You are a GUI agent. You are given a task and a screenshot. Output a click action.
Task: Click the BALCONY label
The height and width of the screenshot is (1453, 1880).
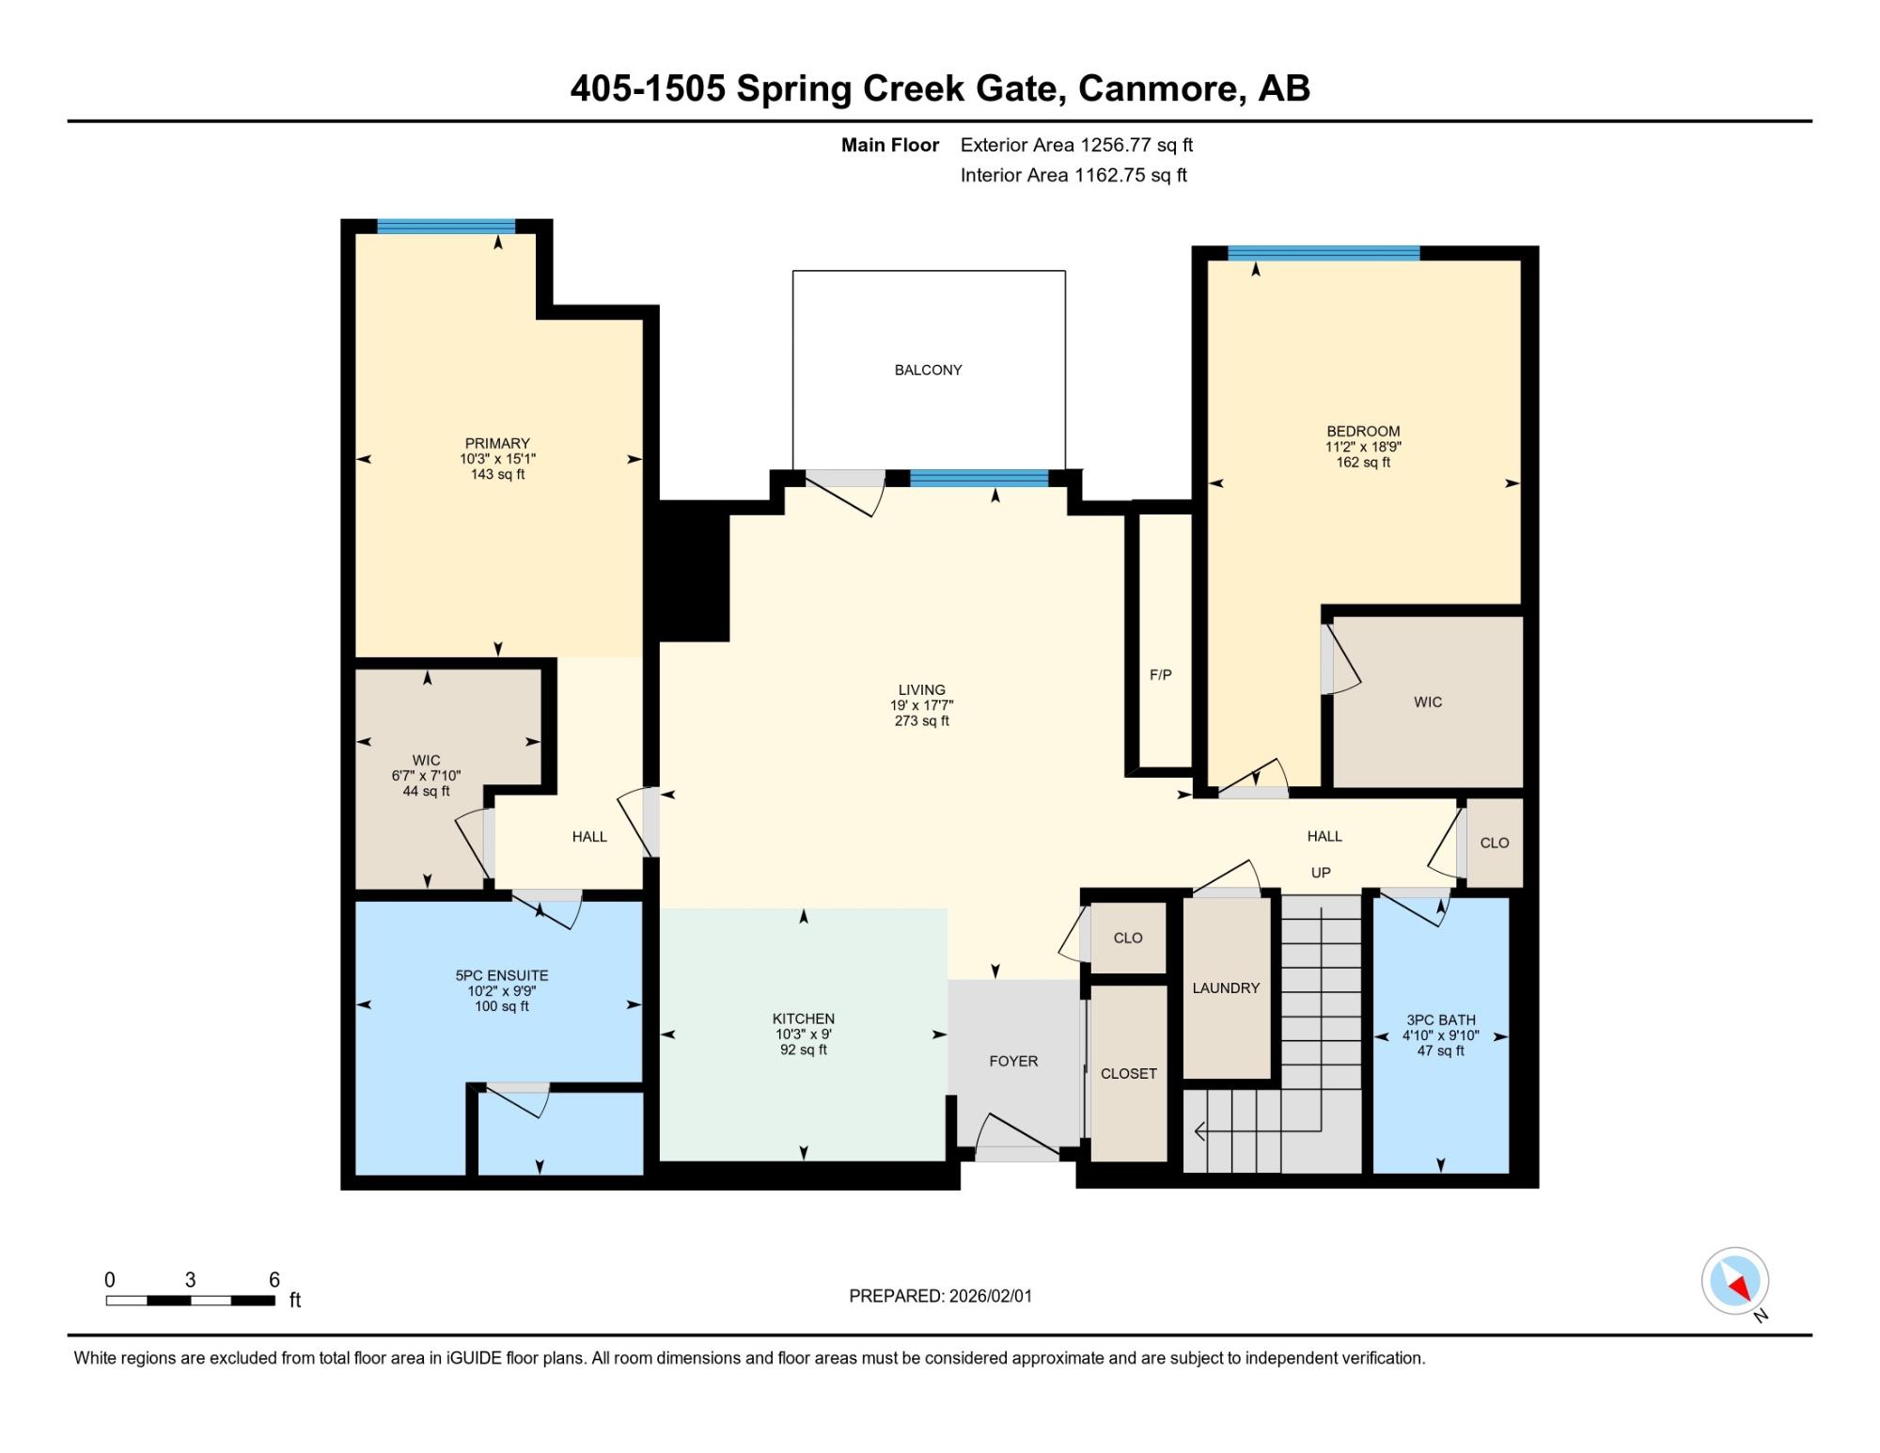[x=928, y=371]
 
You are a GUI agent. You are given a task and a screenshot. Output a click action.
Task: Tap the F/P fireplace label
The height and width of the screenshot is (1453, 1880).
[x=1160, y=675]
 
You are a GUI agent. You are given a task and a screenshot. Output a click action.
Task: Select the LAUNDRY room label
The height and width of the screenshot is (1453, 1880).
[x=1226, y=988]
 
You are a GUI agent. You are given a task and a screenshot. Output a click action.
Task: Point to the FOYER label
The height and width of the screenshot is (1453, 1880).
[x=1013, y=1062]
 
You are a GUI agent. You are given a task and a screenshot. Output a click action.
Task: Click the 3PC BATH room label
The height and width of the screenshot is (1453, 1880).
[x=1441, y=1020]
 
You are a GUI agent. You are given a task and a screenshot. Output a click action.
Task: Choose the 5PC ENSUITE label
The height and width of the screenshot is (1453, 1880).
[x=502, y=976]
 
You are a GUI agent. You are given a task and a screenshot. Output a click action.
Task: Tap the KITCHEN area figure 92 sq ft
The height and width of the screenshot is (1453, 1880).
[x=804, y=1050]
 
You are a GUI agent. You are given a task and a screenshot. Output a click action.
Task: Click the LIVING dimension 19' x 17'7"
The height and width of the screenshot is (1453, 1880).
[x=922, y=705]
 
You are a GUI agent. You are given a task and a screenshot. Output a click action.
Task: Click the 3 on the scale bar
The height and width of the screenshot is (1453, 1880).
[x=190, y=1280]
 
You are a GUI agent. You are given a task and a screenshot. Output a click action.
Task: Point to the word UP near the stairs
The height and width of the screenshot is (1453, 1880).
[x=1321, y=873]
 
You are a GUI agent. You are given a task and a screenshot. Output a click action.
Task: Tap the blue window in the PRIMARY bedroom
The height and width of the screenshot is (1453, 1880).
[x=446, y=227]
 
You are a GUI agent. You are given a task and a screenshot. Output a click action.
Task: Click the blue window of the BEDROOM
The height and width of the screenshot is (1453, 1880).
[x=1324, y=253]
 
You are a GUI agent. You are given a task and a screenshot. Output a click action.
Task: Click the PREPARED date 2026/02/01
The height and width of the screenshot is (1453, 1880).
[x=991, y=1296]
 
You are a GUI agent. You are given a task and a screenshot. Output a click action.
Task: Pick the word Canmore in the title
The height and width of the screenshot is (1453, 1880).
[x=1160, y=88]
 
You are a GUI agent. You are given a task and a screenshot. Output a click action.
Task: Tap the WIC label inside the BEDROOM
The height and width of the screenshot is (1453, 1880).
[x=1428, y=703]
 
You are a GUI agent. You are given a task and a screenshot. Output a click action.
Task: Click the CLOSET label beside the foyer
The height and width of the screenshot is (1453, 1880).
[x=1129, y=1074]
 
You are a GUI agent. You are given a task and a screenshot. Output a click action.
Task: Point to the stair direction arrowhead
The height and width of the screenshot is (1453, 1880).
[x=1199, y=1131]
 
